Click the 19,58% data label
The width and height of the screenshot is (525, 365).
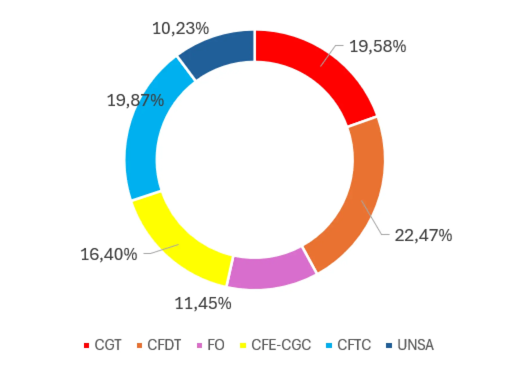click(378, 46)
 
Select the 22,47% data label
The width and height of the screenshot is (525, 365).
click(423, 235)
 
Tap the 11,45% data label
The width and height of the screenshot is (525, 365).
click(203, 304)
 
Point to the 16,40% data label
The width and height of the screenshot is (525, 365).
click(109, 254)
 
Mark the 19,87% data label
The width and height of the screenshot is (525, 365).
click(135, 100)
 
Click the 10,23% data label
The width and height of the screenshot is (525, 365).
click(181, 28)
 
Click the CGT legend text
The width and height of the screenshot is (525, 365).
click(108, 345)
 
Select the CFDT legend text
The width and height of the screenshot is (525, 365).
click(164, 345)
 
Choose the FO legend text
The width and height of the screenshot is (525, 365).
click(216, 345)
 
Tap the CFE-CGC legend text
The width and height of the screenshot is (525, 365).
click(281, 345)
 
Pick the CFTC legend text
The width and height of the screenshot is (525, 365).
click(354, 345)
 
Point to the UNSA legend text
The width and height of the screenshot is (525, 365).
click(415, 345)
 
